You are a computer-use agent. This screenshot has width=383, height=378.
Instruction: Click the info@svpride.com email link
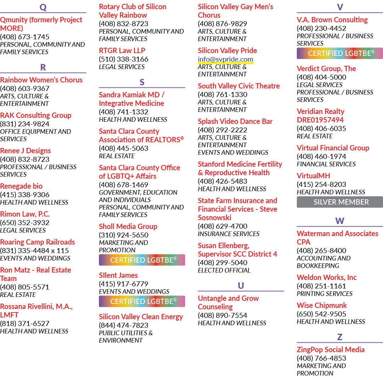click(226, 59)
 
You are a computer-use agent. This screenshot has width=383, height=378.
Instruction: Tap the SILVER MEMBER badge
click(340, 202)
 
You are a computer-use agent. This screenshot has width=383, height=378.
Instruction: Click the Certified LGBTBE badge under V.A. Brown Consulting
click(340, 53)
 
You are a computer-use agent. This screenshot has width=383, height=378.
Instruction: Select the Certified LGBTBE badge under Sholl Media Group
click(142, 260)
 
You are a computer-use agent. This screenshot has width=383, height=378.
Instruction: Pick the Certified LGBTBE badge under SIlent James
click(142, 302)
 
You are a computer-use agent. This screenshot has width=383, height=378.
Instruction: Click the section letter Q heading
click(43, 7)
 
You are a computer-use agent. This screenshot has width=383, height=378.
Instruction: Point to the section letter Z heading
click(340, 337)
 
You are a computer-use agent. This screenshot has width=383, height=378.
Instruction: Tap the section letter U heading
click(241, 286)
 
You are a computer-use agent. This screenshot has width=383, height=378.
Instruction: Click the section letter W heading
click(340, 221)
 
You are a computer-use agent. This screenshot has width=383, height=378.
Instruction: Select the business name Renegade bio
click(21, 186)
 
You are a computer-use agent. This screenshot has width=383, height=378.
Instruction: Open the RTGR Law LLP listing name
click(122, 51)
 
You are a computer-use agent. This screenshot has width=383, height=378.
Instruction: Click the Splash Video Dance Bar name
click(235, 121)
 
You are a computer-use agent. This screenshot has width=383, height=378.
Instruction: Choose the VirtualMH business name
click(313, 176)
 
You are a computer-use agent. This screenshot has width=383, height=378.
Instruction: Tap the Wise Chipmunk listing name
click(322, 305)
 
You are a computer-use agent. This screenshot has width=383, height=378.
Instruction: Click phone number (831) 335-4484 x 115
click(34, 251)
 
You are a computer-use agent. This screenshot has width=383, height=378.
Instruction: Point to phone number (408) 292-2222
click(222, 130)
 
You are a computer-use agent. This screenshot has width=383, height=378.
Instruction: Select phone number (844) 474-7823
click(124, 325)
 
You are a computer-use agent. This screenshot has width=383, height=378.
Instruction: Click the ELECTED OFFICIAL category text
click(224, 270)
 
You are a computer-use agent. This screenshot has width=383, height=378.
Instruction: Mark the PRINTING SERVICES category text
click(324, 294)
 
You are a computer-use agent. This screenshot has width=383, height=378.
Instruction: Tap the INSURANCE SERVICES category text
click(229, 234)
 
